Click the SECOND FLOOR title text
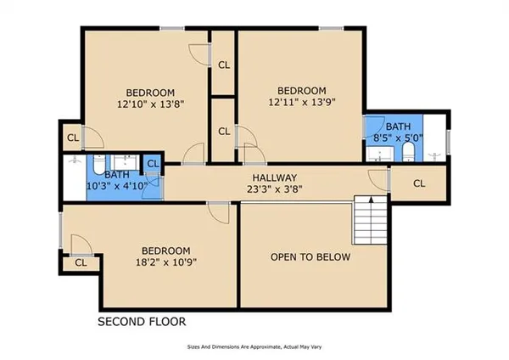[141, 322]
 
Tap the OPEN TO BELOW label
[310, 256]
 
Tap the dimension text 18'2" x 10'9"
[165, 262]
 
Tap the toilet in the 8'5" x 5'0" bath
[408, 152]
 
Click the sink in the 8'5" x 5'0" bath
[375, 153]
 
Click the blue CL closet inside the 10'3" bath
[154, 164]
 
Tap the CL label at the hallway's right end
[419, 183]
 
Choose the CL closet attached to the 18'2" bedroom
[81, 263]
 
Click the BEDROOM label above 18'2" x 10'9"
[165, 250]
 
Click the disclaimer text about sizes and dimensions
[255, 346]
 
